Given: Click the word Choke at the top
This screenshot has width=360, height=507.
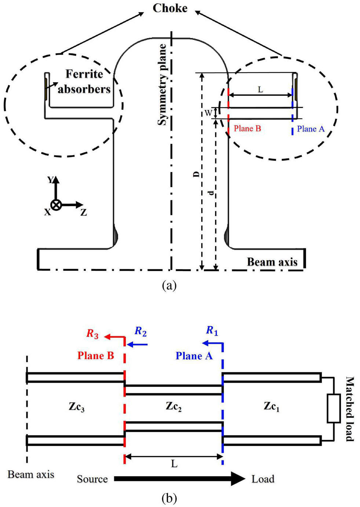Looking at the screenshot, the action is coord(170,8).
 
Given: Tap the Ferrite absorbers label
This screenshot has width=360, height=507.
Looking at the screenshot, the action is coord(84,81).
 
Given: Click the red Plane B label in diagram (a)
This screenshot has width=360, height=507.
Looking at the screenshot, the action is coord(247,128).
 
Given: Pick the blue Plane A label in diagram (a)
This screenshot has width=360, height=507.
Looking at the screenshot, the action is coord(311,129).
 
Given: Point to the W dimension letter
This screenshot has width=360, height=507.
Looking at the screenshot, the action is coord(208,113).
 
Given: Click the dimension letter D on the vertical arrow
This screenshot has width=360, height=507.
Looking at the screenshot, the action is coord(197,174).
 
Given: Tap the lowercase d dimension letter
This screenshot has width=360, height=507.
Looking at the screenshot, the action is coord(211,193).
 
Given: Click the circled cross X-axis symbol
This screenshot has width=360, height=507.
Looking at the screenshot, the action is coord(56,205).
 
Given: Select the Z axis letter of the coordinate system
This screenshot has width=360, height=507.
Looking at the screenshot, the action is coord(84,212).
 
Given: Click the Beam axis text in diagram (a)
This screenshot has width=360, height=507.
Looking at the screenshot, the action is coord(272,262).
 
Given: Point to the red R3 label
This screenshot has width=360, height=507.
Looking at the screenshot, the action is coord(93,333).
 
